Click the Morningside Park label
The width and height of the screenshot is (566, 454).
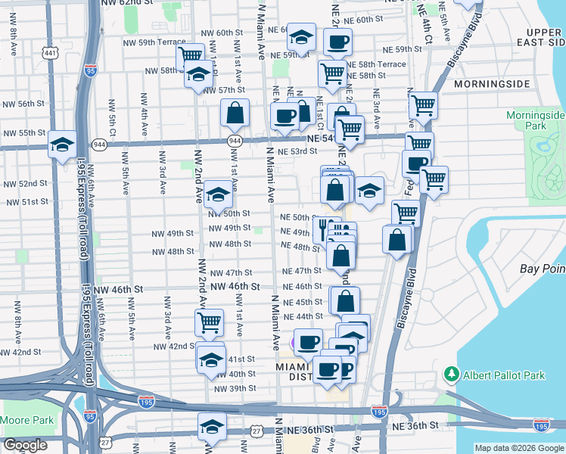coord(536,120)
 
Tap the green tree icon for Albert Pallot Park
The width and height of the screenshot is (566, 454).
coord(452,375)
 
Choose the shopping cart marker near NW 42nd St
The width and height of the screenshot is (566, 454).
coord(209,322)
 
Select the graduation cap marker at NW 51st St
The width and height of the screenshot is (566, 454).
coord(218,195)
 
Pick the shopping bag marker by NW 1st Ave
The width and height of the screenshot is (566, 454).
coord(235,113)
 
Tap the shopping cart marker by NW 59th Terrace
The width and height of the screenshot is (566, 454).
coord(190,55)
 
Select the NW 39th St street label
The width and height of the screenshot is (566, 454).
coord(235,388)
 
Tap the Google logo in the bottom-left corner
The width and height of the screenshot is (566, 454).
coord(25,445)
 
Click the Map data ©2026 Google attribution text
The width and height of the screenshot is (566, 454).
coord(519,448)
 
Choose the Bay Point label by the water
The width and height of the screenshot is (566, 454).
coord(542,269)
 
